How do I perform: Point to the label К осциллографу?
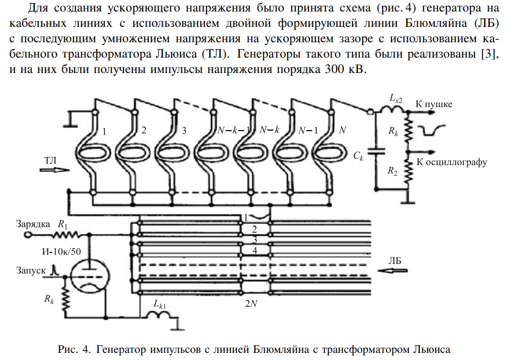452,162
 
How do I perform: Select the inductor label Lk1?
161,303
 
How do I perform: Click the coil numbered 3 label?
183,131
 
